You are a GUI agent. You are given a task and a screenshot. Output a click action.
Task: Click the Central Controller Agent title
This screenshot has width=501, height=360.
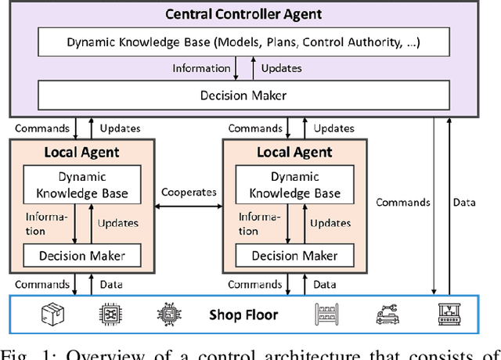pos(244,14)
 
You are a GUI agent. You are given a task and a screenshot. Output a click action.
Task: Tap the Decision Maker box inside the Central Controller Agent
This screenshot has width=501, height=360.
pos(244,96)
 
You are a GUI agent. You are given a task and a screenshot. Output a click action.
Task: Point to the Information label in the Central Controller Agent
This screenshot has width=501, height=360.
pos(202,68)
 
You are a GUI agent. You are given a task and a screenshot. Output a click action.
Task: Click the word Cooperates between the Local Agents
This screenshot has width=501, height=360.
pos(188,192)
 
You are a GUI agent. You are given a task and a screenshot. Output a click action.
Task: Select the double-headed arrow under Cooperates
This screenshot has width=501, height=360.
pos(188,206)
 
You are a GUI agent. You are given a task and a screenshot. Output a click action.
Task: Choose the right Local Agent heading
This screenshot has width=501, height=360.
pos(294,152)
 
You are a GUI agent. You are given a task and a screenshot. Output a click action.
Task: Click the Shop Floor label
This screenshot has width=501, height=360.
pos(243,315)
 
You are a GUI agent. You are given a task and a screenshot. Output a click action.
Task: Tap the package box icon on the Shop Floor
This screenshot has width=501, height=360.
pos(52,314)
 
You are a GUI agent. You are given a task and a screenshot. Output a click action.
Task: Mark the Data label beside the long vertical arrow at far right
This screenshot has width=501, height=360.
pos(464,202)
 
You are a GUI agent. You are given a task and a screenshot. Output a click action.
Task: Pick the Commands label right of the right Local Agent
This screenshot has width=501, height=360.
pos(403,202)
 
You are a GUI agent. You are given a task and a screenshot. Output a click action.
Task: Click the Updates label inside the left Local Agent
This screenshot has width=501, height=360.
pos(118,223)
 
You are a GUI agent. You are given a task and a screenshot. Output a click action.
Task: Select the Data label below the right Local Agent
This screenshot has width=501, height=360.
pos(324,284)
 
